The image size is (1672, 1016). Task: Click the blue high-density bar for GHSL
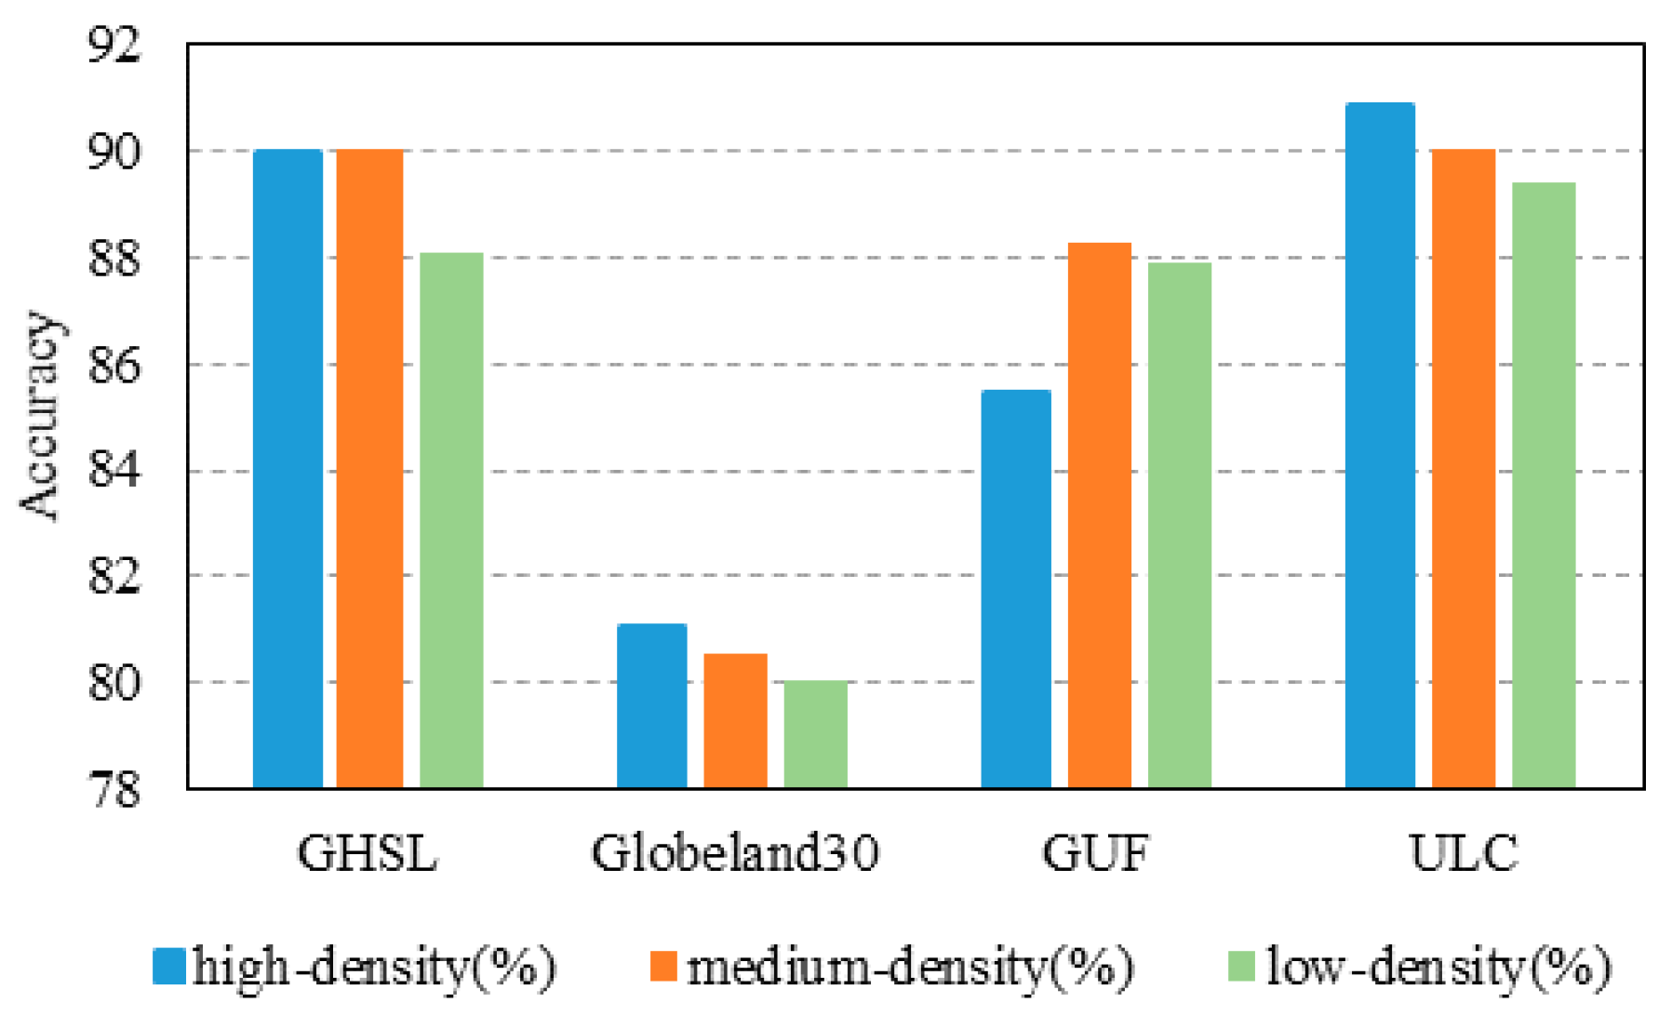288,469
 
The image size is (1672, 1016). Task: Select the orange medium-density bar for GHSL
369,469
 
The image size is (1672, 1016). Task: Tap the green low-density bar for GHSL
451,521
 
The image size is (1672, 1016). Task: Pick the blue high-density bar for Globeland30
652,706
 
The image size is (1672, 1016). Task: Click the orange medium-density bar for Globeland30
735,721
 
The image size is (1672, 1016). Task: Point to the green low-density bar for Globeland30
816,735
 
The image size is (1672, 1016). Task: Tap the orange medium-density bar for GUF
1099,515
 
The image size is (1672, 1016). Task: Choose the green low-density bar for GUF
1180,526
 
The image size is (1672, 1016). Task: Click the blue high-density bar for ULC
1380,446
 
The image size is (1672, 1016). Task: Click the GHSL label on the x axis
368,853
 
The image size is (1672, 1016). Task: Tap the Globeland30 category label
735,853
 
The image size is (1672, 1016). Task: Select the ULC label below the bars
1463,853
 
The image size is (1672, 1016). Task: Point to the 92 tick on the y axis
114,45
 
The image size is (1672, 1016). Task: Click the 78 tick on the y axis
114,790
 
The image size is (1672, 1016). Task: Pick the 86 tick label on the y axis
114,366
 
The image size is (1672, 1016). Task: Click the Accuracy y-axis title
39,416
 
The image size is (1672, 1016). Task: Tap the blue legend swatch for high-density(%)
169,967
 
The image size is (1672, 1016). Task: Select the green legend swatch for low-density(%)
1242,967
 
